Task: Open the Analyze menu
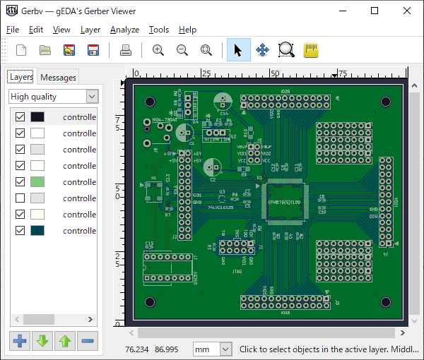(124, 30)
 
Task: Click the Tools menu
(158, 30)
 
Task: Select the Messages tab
(58, 78)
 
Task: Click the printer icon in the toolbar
(126, 50)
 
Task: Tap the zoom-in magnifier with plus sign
(158, 50)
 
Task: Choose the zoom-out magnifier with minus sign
(182, 50)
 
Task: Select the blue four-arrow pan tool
(262, 50)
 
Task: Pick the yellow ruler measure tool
(310, 50)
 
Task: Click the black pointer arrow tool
(238, 50)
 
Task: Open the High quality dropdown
(54, 97)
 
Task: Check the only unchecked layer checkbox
(20, 198)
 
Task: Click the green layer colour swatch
(37, 182)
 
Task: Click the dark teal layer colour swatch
(37, 231)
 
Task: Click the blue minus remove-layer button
(88, 342)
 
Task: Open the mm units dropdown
(213, 349)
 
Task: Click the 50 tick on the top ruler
(275, 73)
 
